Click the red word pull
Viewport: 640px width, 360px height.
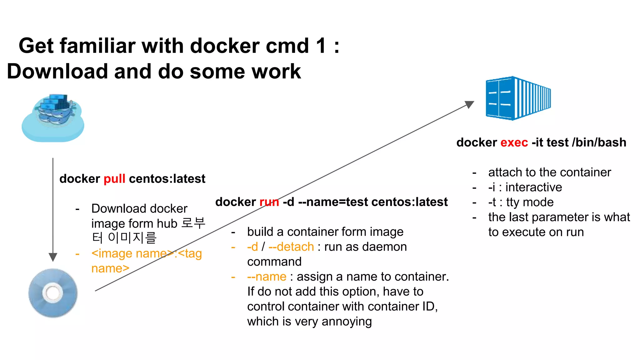114,179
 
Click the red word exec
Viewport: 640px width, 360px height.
514,142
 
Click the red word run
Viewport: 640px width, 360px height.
269,202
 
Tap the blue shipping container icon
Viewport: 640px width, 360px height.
518,98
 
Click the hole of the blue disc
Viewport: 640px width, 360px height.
52,293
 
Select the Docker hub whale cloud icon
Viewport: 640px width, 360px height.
53,118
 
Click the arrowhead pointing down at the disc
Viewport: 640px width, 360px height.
53,257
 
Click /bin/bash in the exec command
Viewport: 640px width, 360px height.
599,142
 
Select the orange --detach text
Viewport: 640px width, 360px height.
291,247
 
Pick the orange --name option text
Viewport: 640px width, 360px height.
267,277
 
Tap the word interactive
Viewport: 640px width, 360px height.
533,187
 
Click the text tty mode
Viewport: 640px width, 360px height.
530,202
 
